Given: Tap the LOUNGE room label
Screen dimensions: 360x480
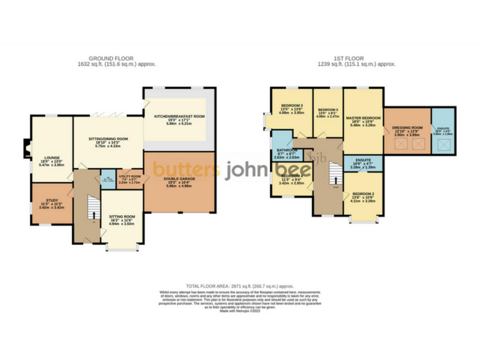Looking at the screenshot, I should pos(51,158).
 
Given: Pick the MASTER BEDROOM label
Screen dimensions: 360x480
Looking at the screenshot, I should pos(363,117).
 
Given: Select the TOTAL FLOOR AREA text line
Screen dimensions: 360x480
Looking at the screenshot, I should pos(240,284).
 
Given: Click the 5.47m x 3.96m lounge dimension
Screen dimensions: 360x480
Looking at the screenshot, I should pos(51,165).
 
